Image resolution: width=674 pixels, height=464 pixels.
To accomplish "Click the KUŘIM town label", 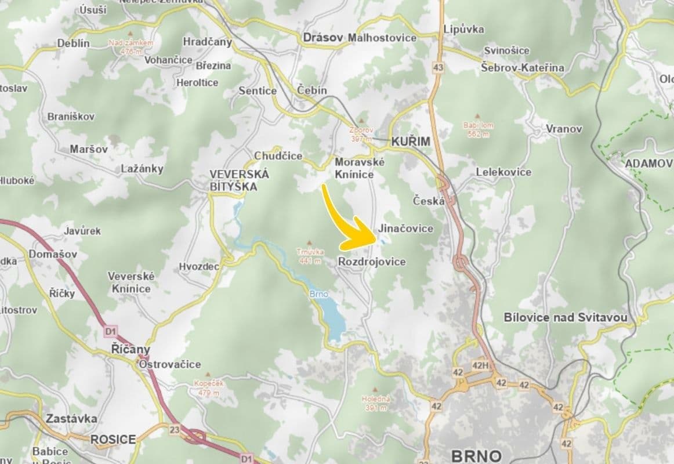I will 411,142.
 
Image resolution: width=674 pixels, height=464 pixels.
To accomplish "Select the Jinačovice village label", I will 405,229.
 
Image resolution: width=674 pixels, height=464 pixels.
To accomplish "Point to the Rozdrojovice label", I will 371,262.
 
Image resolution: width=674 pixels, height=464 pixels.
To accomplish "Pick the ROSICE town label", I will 113,439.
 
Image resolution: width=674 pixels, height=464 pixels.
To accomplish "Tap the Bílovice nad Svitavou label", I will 566,317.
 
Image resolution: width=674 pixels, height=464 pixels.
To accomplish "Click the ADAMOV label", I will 648,164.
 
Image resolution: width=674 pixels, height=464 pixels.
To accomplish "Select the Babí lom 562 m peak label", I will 477,129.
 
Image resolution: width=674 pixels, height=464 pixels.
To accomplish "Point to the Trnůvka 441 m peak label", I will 309,256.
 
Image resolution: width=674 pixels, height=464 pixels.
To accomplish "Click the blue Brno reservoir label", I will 318,294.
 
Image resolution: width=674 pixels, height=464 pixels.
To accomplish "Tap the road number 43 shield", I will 438,68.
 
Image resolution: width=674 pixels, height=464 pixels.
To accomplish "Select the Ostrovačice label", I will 169,364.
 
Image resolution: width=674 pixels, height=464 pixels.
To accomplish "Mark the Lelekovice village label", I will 503,172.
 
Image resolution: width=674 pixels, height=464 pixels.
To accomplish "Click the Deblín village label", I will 73,43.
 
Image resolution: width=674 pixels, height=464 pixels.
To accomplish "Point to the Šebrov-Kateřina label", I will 522,68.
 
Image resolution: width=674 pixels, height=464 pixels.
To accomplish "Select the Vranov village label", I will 563,129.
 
